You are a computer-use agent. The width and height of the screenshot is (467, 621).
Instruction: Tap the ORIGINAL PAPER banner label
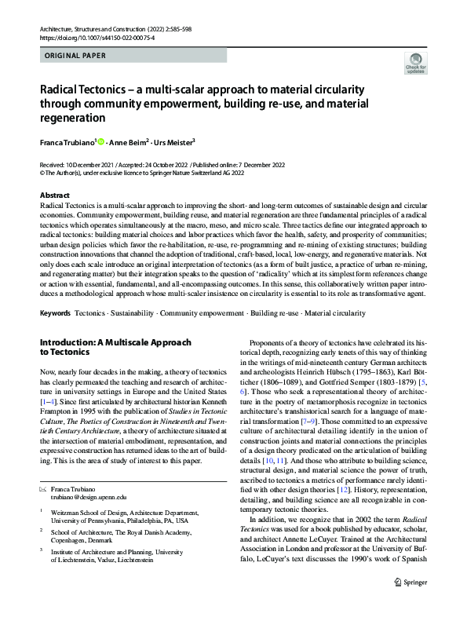point(75,56)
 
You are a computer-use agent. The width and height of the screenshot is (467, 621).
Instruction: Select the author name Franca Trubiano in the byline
point(67,142)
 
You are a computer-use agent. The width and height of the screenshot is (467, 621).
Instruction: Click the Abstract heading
point(53,195)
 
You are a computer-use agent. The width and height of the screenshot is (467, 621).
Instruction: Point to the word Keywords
point(54,313)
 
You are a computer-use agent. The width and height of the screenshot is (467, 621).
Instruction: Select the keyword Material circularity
point(335,313)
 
